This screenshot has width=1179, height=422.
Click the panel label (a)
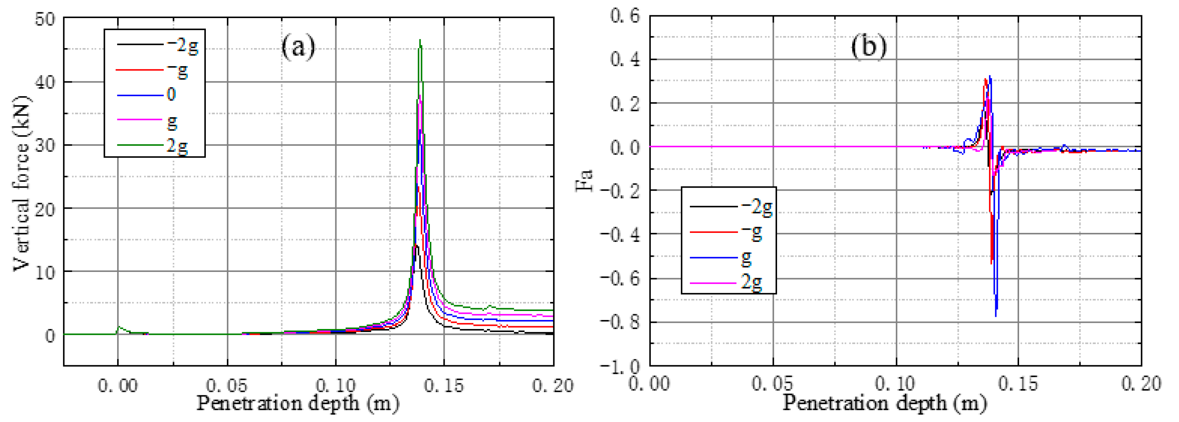pyautogui.click(x=298, y=47)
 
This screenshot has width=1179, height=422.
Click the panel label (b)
pyautogui.click(x=868, y=46)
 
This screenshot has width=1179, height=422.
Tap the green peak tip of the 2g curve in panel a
pyautogui.click(x=420, y=41)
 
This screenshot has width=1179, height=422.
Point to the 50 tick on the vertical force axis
pyautogui.click(x=45, y=19)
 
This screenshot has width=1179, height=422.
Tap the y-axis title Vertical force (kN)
pyautogui.click(x=21, y=183)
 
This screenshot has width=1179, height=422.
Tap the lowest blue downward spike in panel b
pyautogui.click(x=996, y=315)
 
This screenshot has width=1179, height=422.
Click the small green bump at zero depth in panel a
pyautogui.click(x=119, y=327)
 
